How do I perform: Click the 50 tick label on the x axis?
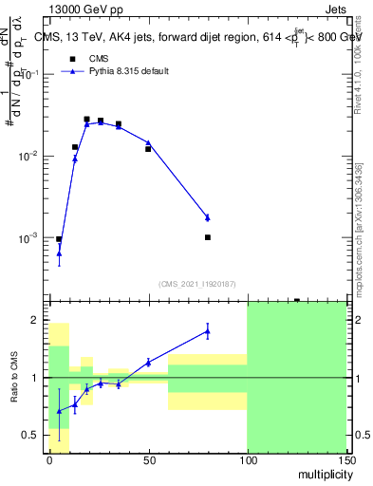click(148, 459)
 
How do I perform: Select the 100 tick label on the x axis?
click(247, 459)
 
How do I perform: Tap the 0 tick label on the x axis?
click(49, 459)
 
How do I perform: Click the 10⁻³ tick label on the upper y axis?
click(31, 237)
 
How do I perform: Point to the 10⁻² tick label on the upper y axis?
click(31, 156)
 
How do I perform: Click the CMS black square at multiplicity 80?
click(207, 237)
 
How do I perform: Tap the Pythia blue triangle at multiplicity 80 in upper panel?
click(207, 217)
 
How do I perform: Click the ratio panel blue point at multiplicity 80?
click(207, 330)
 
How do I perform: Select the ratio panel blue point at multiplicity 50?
click(148, 362)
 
